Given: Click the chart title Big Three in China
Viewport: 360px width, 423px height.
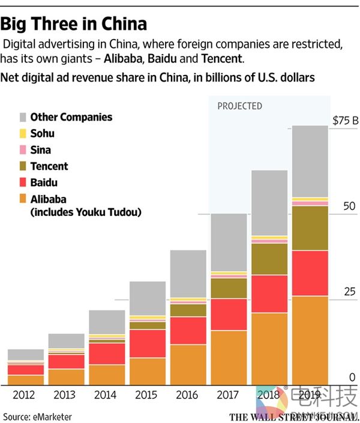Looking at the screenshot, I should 74,24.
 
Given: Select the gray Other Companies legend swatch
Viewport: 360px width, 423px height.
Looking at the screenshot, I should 23,118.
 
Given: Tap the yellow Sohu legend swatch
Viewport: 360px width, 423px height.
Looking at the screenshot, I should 23,134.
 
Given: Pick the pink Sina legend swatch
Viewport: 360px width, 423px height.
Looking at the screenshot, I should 23,150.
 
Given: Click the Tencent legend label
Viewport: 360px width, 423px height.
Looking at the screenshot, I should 49,166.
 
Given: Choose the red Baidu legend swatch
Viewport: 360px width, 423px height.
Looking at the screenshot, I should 23,182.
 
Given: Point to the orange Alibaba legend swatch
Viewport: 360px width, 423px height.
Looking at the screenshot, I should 23,199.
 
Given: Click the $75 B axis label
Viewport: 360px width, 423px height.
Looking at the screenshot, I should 345,121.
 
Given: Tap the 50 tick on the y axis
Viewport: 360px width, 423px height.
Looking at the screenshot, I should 349,206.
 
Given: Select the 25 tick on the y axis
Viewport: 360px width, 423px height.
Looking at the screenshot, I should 349,292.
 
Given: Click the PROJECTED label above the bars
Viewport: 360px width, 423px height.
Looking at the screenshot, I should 239,106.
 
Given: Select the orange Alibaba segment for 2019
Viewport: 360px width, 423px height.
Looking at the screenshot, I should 310,339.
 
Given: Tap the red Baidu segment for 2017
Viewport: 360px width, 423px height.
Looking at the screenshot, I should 229,314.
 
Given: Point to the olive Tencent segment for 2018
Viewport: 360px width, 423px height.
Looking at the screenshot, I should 269,259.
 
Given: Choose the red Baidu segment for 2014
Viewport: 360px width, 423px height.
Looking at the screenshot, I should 107,353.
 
